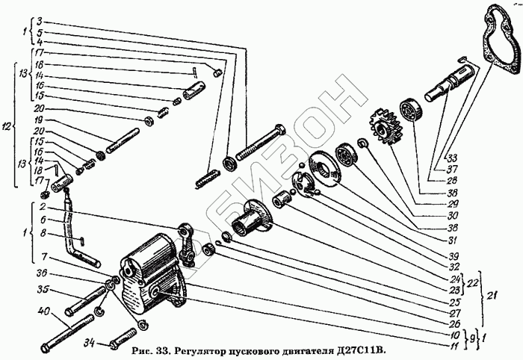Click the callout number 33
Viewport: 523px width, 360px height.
click(x=452, y=158)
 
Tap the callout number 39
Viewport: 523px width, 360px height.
click(x=453, y=255)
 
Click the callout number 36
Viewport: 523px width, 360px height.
click(x=43, y=272)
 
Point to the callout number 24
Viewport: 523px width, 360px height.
click(x=453, y=279)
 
